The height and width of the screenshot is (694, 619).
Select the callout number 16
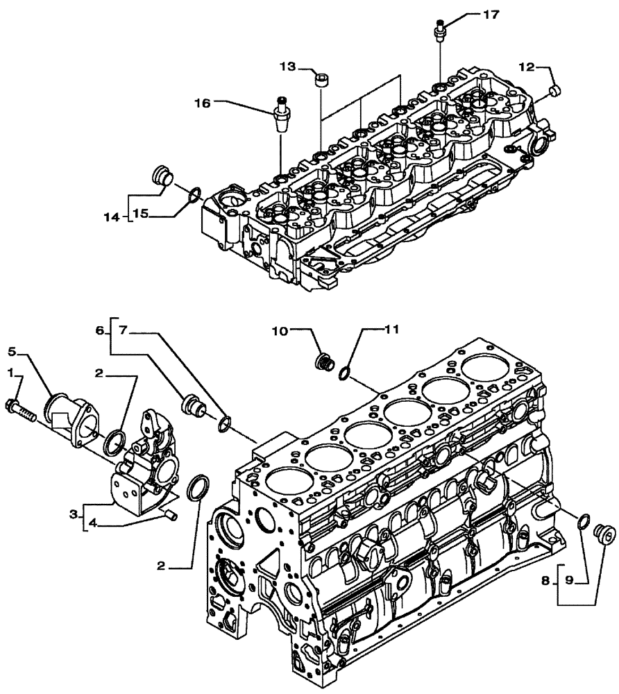pyautogui.click(x=202, y=103)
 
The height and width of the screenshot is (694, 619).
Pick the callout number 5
pyautogui.click(x=13, y=350)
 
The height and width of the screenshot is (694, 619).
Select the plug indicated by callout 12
pyautogui.click(x=554, y=90)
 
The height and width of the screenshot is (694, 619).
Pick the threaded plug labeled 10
pyautogui.click(x=323, y=362)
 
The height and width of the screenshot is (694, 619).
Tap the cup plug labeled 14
pyautogui.click(x=161, y=177)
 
